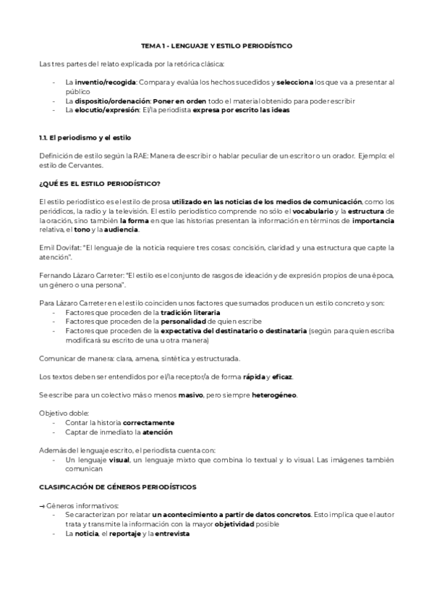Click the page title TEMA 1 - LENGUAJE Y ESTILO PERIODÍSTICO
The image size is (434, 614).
(217, 46)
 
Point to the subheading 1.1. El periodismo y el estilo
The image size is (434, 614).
(84, 138)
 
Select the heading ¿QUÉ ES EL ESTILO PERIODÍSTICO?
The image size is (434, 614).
(100, 183)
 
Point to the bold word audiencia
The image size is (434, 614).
(124, 230)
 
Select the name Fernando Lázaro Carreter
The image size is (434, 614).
(80, 275)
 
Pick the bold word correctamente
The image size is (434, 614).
(148, 422)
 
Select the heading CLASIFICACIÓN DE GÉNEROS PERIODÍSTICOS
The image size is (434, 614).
(119, 487)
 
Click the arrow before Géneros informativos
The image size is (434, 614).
(41, 505)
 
